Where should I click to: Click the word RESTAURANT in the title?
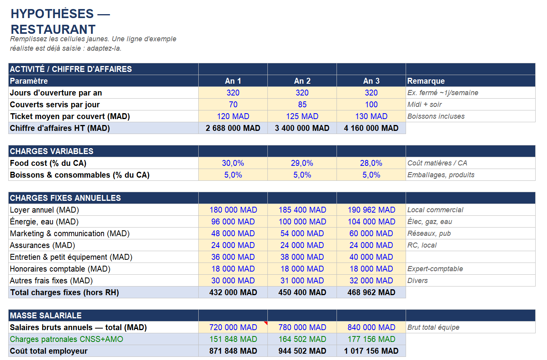tap(53, 29)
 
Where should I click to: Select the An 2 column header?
tap(302, 81)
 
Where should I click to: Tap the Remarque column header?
tap(426, 81)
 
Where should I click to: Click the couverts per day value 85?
tap(302, 105)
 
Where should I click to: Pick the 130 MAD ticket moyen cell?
tap(371, 116)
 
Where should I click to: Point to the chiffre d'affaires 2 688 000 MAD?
tap(233, 128)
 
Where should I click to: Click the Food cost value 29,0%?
tap(302, 163)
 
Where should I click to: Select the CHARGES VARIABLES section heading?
tap(51, 151)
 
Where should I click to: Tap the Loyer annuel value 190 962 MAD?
tap(371, 210)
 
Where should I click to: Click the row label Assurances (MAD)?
tap(42, 245)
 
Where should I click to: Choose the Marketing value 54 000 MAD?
tap(302, 233)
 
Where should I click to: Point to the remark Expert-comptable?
tap(435, 269)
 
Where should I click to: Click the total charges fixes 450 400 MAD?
tap(302, 292)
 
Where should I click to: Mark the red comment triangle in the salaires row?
tap(266, 323)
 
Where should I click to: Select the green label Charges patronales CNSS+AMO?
tap(66, 339)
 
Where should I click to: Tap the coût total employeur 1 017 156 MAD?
tap(371, 351)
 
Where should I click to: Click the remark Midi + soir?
tap(424, 105)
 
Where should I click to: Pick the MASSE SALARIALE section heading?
tap(46, 316)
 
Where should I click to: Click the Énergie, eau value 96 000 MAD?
tap(233, 222)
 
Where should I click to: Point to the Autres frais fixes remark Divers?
tap(417, 281)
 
